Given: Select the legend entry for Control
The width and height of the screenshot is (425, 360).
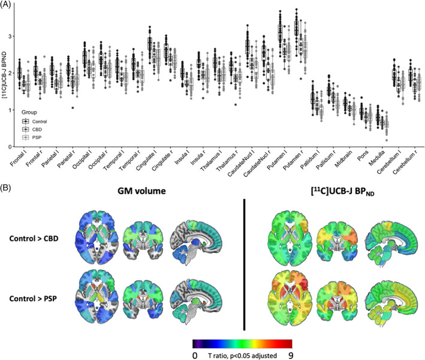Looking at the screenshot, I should [40, 120].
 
